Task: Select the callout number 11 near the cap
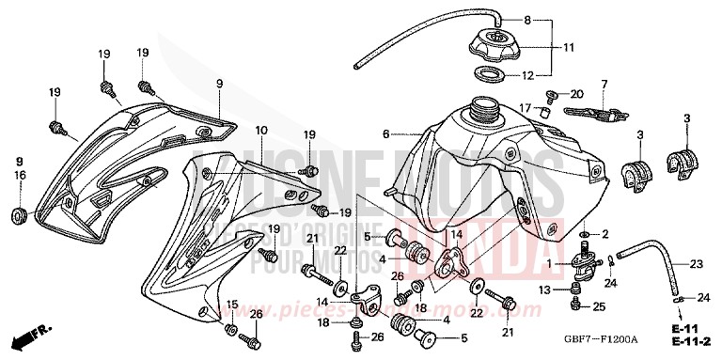pos(569,47)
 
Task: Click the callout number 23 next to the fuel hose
pos(697,264)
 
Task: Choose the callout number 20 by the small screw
pos(576,93)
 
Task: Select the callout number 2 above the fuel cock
pos(605,233)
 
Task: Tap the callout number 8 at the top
pos(527,19)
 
